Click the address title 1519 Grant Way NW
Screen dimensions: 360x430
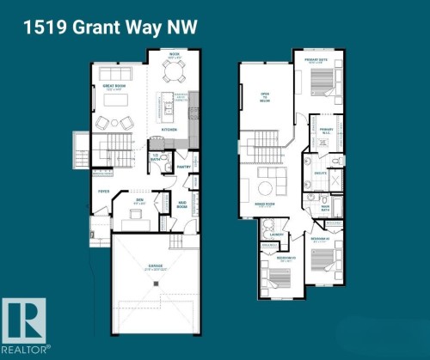110,27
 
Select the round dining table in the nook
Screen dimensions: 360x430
173,74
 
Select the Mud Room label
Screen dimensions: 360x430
182,205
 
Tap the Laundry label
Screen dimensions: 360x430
277,233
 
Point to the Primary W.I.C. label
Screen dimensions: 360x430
326,130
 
